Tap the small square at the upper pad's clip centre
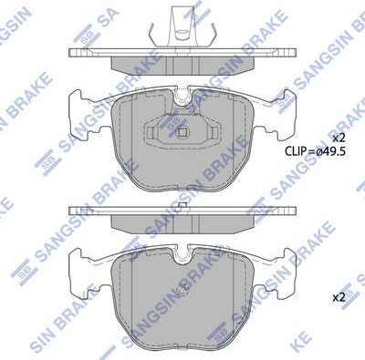[x=182, y=130]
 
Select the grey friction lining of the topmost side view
[x=182, y=64]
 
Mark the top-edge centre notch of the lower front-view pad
[x=182, y=251]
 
